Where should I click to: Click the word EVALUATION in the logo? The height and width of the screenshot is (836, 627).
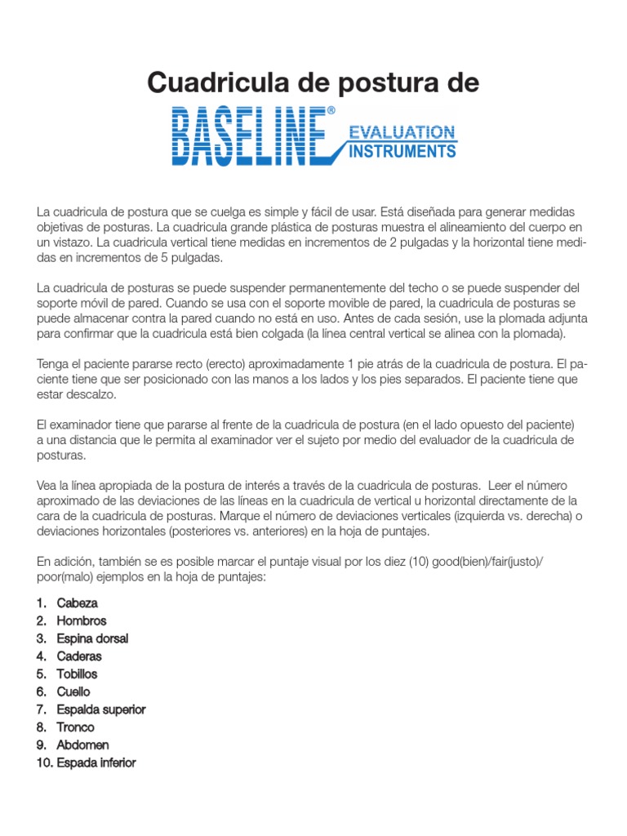402,131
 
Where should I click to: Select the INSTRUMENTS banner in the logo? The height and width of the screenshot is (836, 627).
402,151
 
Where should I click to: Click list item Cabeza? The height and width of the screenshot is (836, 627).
78,603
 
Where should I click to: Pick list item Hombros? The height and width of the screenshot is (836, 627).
82,621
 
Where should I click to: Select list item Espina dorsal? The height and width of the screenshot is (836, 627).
92,638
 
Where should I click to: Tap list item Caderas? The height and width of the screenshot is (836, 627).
79,656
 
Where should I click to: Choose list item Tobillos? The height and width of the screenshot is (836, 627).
78,674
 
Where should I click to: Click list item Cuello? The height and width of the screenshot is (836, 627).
73,692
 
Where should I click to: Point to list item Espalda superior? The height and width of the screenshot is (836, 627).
101,709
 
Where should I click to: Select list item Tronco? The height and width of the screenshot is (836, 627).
76,727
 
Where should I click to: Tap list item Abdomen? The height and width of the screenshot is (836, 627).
82,745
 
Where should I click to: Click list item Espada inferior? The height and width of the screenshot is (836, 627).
96,763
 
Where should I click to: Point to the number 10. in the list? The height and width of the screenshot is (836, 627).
45,763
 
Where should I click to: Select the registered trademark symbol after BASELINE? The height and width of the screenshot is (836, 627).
331,110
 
